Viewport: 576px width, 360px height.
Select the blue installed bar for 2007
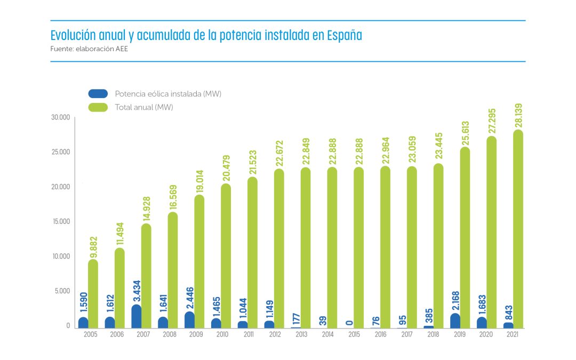[x=137, y=316]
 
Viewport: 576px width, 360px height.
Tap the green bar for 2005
[x=93, y=293]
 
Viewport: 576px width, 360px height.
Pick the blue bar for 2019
[x=455, y=321]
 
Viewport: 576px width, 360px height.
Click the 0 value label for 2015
[x=349, y=322]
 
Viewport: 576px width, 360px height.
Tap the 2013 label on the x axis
[x=302, y=334]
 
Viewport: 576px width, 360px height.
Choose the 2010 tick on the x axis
[x=222, y=334]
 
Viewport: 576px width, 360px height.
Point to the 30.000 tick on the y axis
[x=60, y=117]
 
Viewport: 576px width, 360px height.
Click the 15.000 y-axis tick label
[x=60, y=222]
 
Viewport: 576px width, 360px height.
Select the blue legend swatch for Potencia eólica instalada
[x=98, y=94]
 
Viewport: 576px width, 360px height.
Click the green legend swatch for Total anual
[x=98, y=107]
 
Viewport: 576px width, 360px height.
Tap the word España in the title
[x=343, y=36]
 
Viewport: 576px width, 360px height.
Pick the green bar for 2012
[x=279, y=249]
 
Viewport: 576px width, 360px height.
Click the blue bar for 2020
[x=482, y=322]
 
